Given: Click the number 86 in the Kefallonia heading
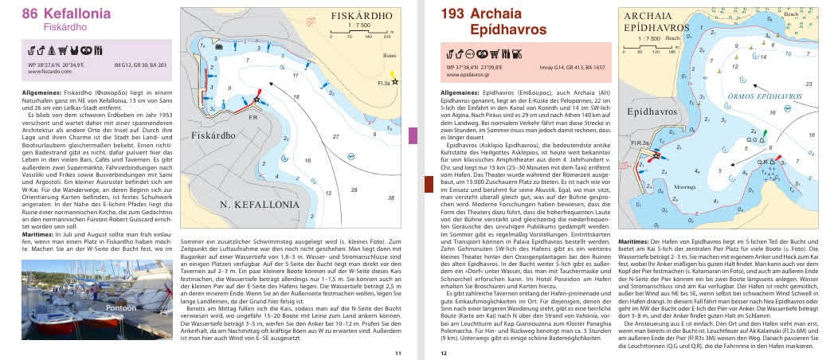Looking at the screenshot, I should [x=30, y=14].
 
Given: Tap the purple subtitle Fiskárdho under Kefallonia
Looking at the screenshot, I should [x=67, y=26].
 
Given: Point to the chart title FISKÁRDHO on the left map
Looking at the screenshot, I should [x=362, y=15].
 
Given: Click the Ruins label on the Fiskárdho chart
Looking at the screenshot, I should [x=388, y=57].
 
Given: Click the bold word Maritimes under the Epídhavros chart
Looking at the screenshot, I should [x=633, y=241].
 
